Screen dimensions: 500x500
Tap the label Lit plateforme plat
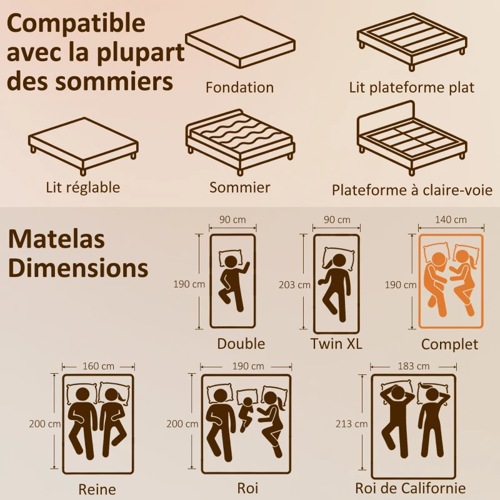click(x=412, y=87)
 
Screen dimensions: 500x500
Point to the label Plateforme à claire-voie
click(x=412, y=189)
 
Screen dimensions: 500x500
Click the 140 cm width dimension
click(x=451, y=220)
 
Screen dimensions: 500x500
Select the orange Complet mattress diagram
click(x=451, y=281)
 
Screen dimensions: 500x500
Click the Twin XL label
click(x=336, y=344)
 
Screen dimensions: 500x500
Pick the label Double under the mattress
click(x=241, y=344)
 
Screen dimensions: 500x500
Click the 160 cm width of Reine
click(x=99, y=366)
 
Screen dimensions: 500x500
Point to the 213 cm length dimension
click(x=352, y=424)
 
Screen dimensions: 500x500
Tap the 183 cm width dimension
click(x=413, y=366)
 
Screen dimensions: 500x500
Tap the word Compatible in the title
click(x=77, y=23)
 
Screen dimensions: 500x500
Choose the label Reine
click(x=97, y=489)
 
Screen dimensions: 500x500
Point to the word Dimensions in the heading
click(x=79, y=268)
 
